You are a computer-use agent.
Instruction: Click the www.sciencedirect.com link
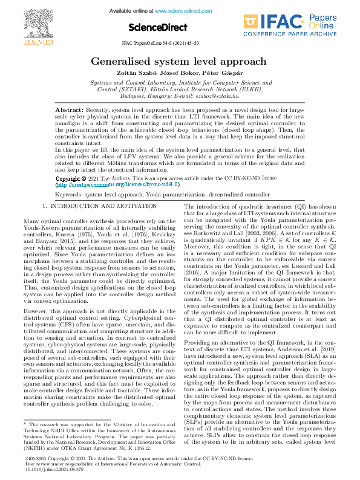click(185, 11)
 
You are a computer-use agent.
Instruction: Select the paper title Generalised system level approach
click(180, 62)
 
